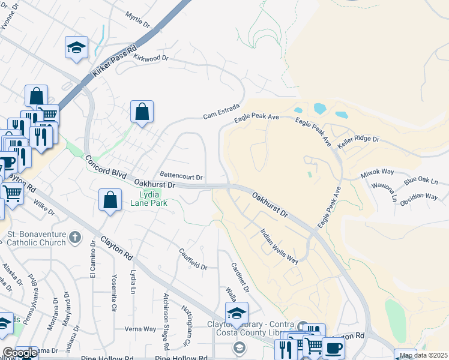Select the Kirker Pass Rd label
tap(115, 62)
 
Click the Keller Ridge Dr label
tap(359, 139)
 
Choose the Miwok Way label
tap(376, 174)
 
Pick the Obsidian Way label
tap(419, 196)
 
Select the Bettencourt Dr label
tap(181, 178)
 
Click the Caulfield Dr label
tap(193, 259)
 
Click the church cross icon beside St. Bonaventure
tap(74, 238)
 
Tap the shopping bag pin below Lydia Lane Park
tap(110, 201)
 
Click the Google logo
tap(19, 353)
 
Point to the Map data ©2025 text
tap(423, 355)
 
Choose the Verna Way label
tap(140, 329)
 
